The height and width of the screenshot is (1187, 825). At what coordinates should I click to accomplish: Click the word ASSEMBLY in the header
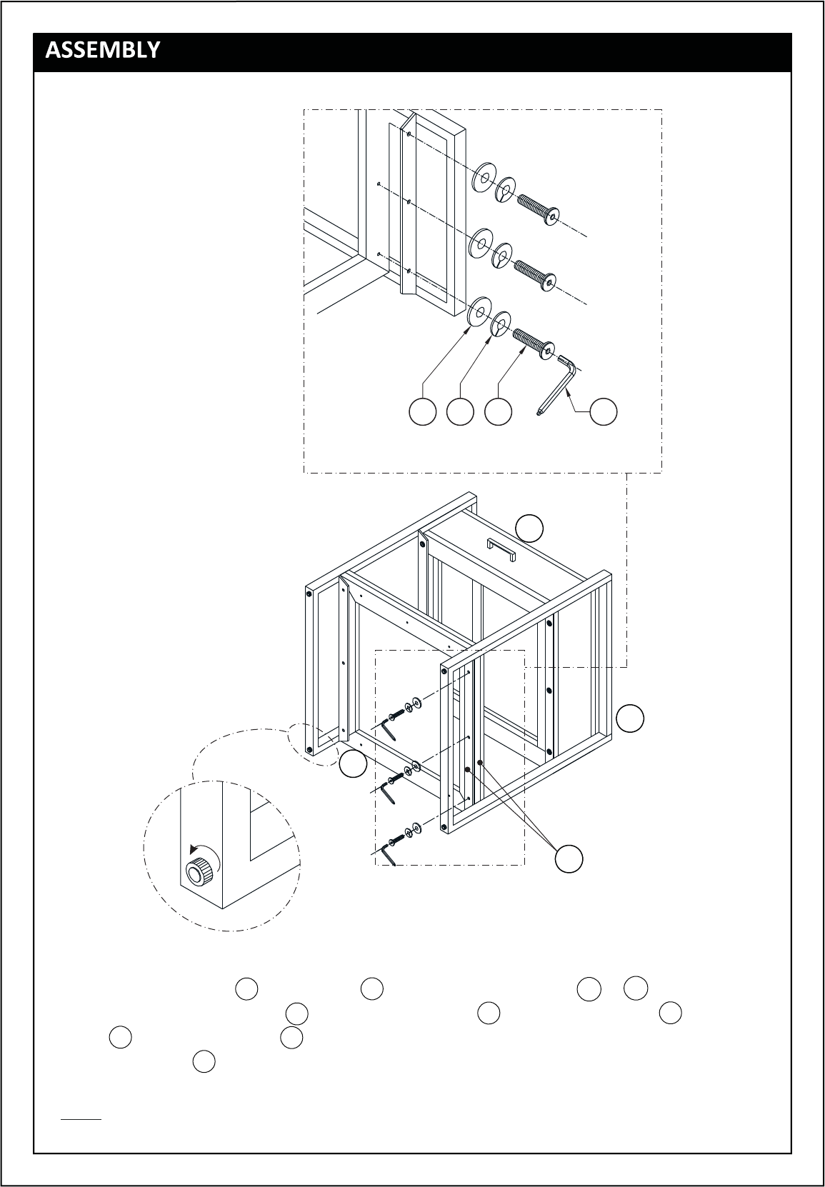coord(102,50)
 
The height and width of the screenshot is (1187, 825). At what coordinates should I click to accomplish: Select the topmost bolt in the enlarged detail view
coord(538,209)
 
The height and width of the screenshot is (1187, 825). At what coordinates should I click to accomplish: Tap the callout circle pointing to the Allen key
coord(604,411)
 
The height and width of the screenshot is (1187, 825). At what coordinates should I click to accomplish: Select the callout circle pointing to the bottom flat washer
coord(423,411)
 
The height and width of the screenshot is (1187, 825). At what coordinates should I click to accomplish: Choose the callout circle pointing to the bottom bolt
coord(498,411)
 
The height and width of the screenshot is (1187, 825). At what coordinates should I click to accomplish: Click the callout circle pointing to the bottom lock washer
coord(460,411)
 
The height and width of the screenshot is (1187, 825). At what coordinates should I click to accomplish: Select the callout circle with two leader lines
coord(569,858)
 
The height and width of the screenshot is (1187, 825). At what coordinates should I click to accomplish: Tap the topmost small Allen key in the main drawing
coord(389,730)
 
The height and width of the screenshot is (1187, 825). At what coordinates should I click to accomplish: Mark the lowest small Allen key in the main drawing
coord(389,855)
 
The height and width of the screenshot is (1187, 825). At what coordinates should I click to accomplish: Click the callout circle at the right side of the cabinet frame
coord(630,718)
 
